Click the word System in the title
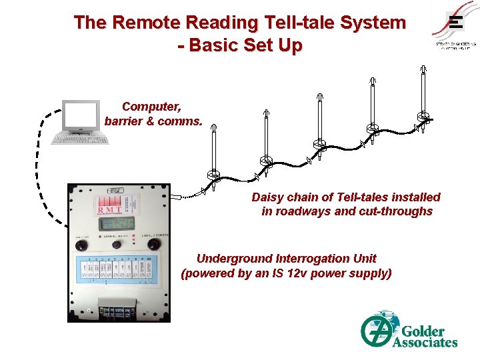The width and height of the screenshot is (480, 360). click(x=373, y=23)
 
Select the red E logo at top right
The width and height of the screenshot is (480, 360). click(x=455, y=23)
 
